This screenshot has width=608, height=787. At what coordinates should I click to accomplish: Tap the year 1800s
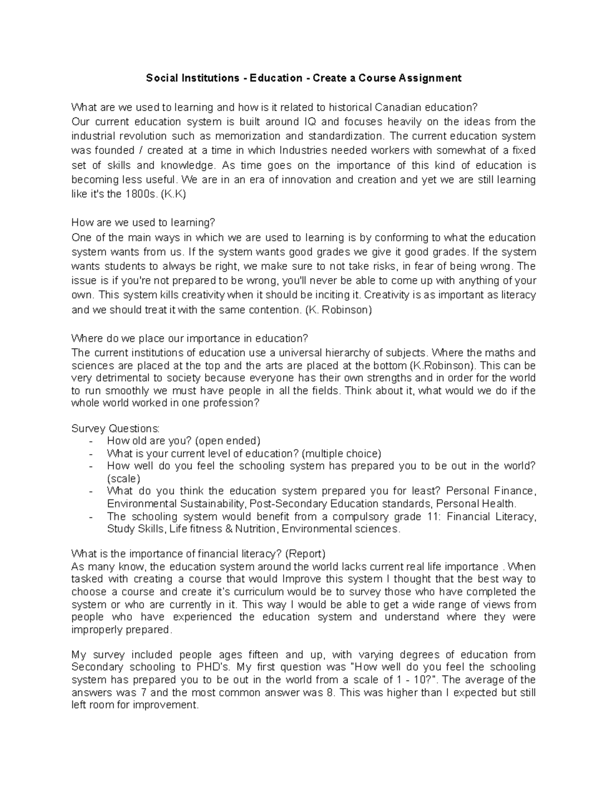(x=138, y=194)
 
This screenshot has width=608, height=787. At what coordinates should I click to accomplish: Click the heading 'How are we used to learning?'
(x=143, y=223)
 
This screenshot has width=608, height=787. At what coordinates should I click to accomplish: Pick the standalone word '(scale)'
(x=124, y=478)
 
